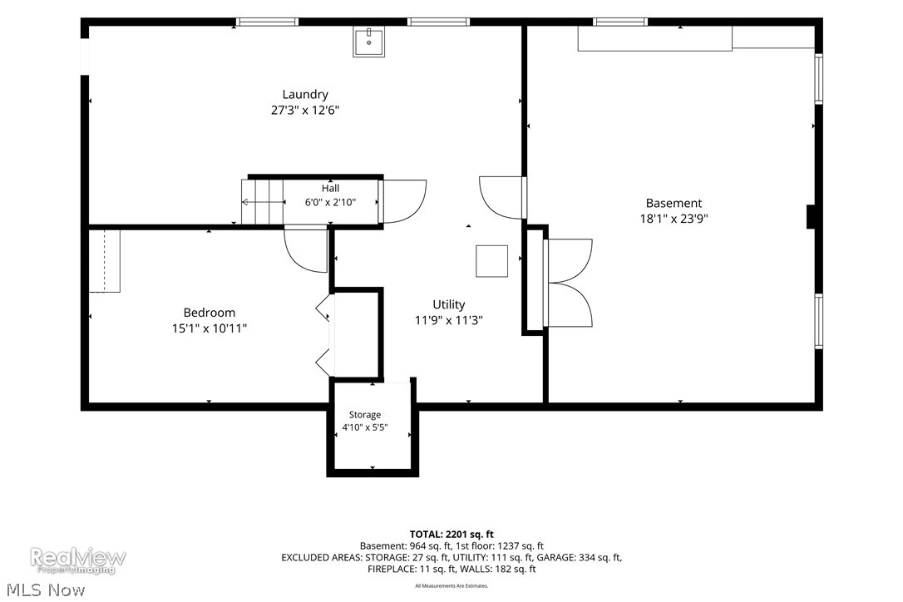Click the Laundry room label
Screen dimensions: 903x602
point(305,95)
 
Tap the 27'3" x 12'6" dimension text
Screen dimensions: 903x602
point(305,110)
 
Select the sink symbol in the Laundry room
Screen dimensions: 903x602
point(368,42)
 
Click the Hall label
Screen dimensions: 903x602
point(331,189)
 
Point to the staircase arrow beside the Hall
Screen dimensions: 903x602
point(264,202)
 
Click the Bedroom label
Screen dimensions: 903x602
point(209,313)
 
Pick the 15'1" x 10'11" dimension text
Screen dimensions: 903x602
point(209,328)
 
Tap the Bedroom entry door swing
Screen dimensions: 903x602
point(306,250)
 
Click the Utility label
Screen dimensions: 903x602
point(449,305)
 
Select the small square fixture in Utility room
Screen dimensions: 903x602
point(491,261)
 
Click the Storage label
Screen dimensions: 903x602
point(365,415)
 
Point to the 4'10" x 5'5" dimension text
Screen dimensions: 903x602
point(365,427)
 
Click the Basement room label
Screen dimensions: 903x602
point(674,204)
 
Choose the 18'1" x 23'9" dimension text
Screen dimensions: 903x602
point(674,219)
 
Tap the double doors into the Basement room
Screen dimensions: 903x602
point(568,283)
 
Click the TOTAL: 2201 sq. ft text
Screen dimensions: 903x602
point(451,534)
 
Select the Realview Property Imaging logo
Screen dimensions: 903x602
point(78,560)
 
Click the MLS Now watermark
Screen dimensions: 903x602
point(46,590)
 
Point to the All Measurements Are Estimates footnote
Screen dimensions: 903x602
point(451,586)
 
